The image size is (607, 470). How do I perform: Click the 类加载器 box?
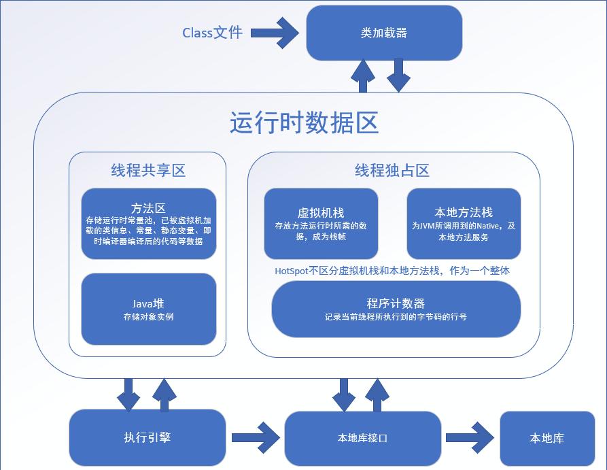tap(384, 33)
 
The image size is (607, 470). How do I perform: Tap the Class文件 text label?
tap(212, 33)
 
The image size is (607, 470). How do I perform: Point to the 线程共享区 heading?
tap(148, 170)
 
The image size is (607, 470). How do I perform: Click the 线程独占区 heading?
tap(392, 170)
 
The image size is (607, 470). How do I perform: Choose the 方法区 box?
tap(148, 224)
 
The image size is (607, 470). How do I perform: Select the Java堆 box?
tap(148, 309)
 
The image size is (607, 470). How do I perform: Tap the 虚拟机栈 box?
tap(320, 224)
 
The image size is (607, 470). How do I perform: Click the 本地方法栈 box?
tap(464, 224)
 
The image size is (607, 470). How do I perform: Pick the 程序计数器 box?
tap(396, 309)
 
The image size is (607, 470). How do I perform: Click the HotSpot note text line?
tap(392, 271)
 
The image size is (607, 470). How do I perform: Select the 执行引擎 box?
tap(147, 437)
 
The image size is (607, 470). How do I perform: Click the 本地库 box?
tap(547, 438)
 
